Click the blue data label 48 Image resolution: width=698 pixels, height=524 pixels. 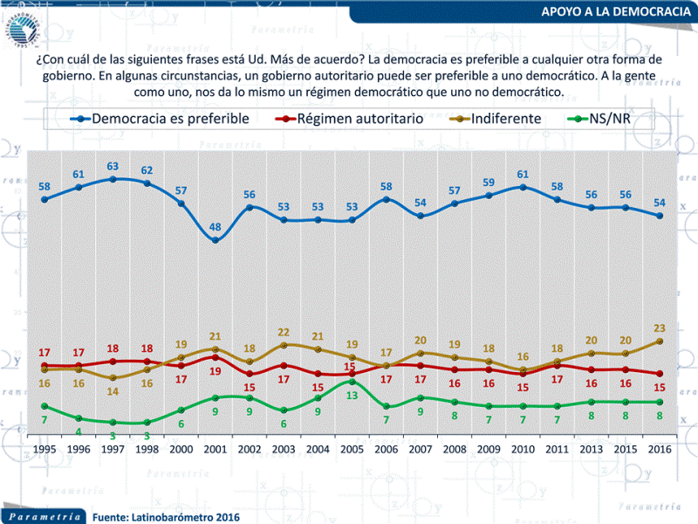[216, 228]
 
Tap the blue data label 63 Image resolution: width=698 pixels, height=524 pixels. [113, 166]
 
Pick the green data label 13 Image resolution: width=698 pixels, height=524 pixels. [352, 396]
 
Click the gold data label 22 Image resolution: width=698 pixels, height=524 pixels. [284, 333]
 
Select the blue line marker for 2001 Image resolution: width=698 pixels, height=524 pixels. [216, 240]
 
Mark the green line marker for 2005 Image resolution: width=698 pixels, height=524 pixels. [352, 382]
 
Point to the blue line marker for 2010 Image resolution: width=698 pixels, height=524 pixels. [522, 187]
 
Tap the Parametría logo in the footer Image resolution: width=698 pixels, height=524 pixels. [42, 515]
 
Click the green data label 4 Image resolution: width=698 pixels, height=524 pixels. [79, 431]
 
